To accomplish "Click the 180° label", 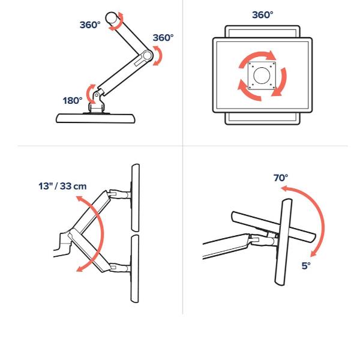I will tap(73, 100).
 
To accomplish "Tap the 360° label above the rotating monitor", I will tap(262, 14).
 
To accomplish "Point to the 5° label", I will tap(307, 265).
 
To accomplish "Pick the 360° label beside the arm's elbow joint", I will tap(163, 38).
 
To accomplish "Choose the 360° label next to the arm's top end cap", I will tap(91, 25).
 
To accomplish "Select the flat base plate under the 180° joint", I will tap(95, 118).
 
